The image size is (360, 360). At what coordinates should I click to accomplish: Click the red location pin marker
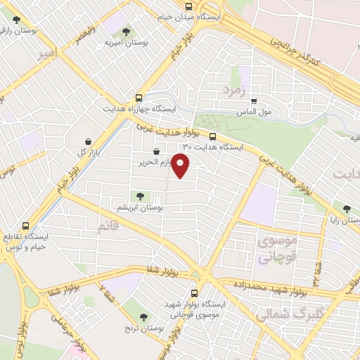[x=181, y=166]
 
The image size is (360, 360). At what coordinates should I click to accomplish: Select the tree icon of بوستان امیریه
[x=127, y=32]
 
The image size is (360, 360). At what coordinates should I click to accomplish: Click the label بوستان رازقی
[x=15, y=30]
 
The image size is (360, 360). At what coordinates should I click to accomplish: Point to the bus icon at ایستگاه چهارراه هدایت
[x=139, y=98]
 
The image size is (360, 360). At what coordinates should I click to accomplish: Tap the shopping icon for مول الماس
[x=254, y=100]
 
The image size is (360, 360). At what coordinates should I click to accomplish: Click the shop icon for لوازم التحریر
[x=155, y=151]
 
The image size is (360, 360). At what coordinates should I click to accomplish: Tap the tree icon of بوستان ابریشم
[x=139, y=197]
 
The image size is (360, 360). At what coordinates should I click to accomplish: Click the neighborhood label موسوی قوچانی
[x=278, y=250]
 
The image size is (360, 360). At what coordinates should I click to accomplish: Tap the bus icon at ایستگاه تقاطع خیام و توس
[x=26, y=226]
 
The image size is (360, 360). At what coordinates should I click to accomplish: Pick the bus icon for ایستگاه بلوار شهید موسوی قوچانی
[x=194, y=294]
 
